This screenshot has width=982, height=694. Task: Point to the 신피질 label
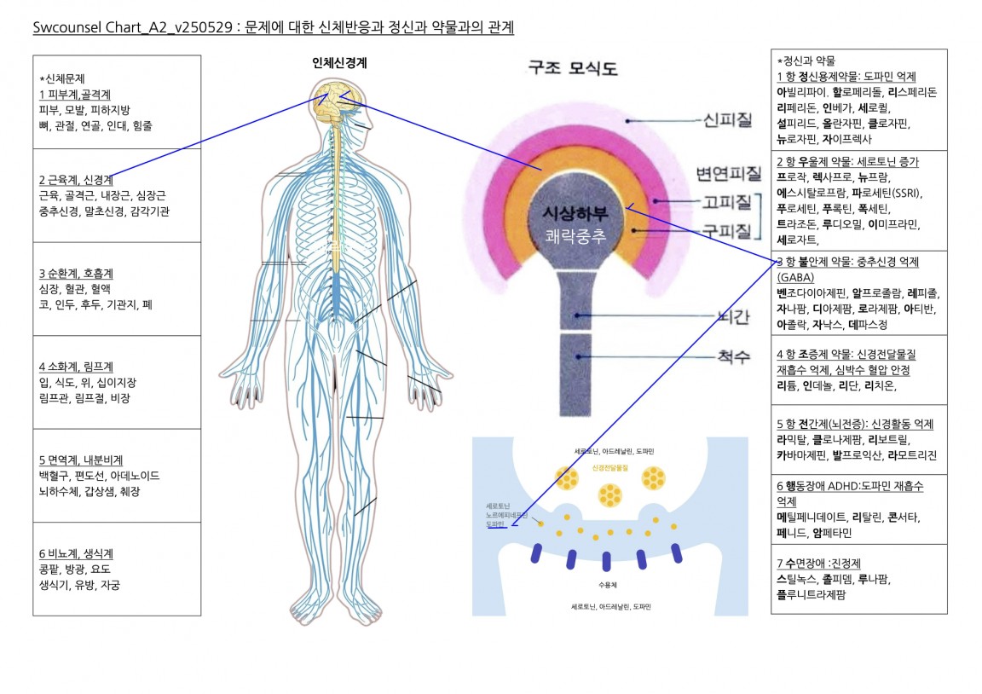click(727, 121)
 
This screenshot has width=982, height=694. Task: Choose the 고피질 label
click(726, 202)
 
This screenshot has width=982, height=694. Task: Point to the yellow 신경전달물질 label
click(609, 468)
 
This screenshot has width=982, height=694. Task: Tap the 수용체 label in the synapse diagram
click(607, 586)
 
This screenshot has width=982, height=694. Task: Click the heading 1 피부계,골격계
click(75, 94)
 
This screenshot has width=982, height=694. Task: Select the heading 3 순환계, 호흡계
click(76, 274)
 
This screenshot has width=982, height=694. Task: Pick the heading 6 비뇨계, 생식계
click(76, 553)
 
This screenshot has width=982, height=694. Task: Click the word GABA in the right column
click(796, 277)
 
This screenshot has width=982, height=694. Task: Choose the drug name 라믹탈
click(792, 440)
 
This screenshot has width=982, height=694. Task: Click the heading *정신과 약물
click(806, 61)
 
